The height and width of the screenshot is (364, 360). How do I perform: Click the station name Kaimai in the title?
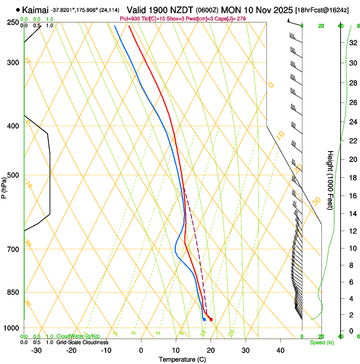pyautogui.click(x=35, y=9)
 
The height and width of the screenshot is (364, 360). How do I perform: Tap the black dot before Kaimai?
pyautogui.click(x=18, y=9)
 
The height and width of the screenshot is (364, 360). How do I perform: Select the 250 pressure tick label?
pyautogui.click(x=13, y=22)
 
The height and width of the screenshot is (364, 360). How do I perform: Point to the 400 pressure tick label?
pyautogui.click(x=13, y=126)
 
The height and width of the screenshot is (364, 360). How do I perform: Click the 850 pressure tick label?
pyautogui.click(x=13, y=292)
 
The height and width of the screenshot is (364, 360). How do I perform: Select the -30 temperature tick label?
pyautogui.click(x=36, y=350)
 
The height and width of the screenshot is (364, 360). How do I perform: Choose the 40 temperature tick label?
pyautogui.click(x=280, y=350)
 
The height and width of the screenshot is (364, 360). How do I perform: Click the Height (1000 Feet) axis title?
pyautogui.click(x=330, y=180)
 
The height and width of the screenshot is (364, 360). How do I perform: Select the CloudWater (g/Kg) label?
pyautogui.click(x=78, y=336)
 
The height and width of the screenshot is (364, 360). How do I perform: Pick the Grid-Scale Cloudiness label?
pyautogui.click(x=82, y=342)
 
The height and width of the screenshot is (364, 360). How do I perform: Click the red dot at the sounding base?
pyautogui.click(x=211, y=319)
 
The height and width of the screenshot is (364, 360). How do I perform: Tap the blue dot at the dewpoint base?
pyautogui.click(x=204, y=319)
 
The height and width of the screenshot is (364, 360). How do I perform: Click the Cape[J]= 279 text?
pyautogui.click(x=232, y=19)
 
